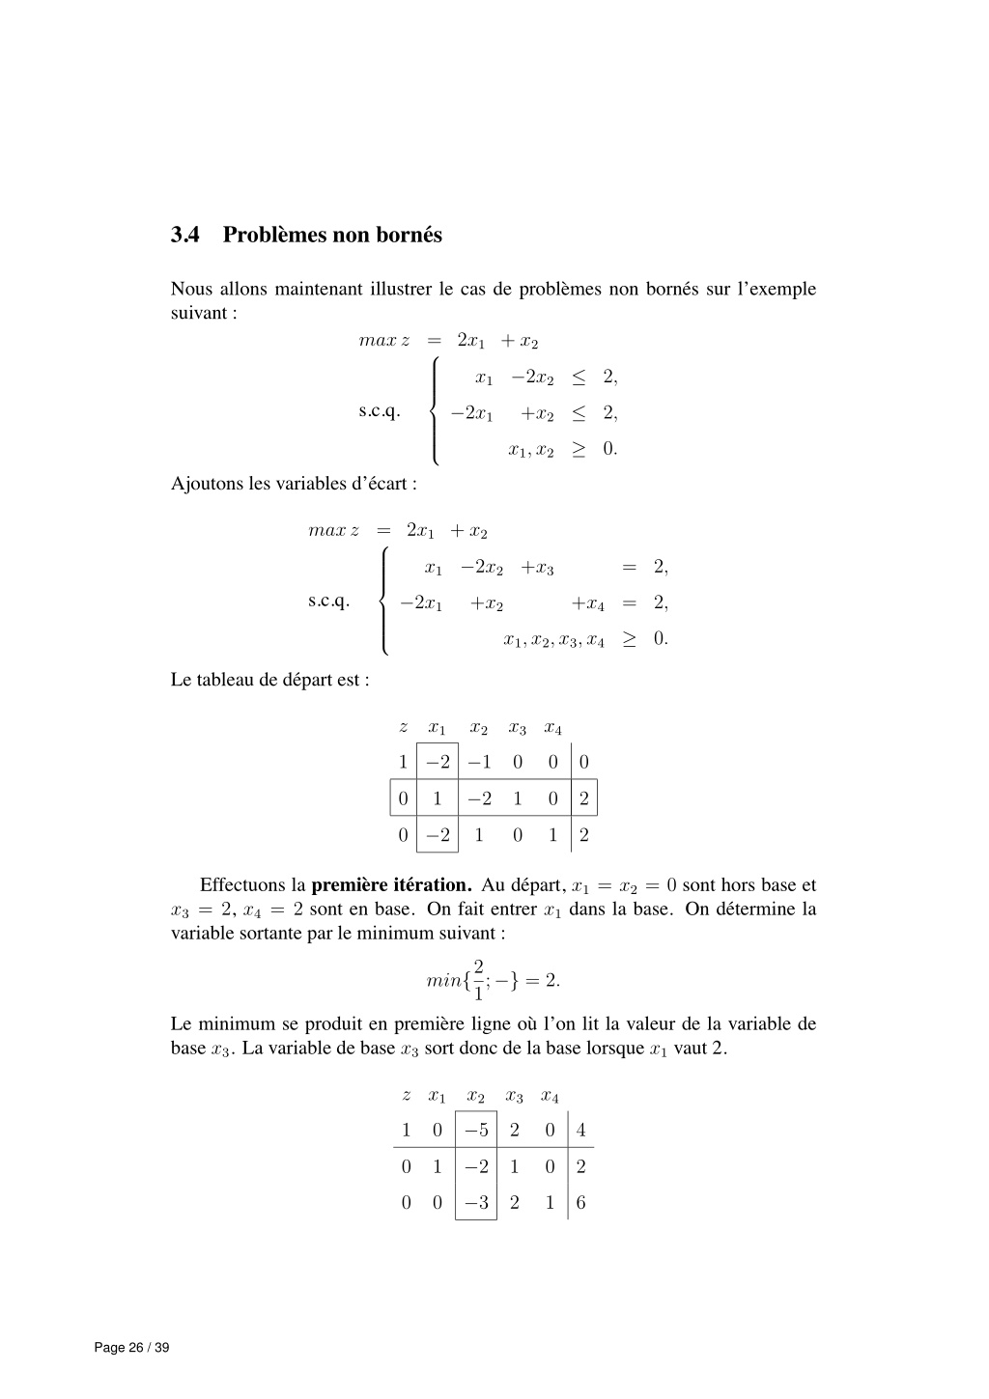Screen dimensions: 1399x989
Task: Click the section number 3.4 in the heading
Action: [x=184, y=236]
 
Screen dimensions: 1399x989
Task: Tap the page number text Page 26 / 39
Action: [x=131, y=1348]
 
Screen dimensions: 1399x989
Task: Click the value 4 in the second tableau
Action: [x=580, y=1131]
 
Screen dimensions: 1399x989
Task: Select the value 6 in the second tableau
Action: [x=580, y=1202]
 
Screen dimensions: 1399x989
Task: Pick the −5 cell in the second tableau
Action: [x=476, y=1131]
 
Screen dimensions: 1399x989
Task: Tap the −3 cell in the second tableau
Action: [x=476, y=1202]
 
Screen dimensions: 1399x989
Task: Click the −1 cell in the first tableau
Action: [x=479, y=763]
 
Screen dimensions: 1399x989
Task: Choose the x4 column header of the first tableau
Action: [x=553, y=728]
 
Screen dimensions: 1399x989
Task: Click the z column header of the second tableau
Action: [x=406, y=1096]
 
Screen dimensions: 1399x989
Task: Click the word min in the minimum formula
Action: [x=443, y=981]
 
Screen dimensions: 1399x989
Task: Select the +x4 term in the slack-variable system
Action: [x=587, y=603]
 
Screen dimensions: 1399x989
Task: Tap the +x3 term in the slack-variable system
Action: [x=537, y=568]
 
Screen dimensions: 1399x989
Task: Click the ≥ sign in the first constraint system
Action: [x=578, y=449]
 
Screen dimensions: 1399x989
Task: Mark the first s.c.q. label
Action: [x=380, y=412]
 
